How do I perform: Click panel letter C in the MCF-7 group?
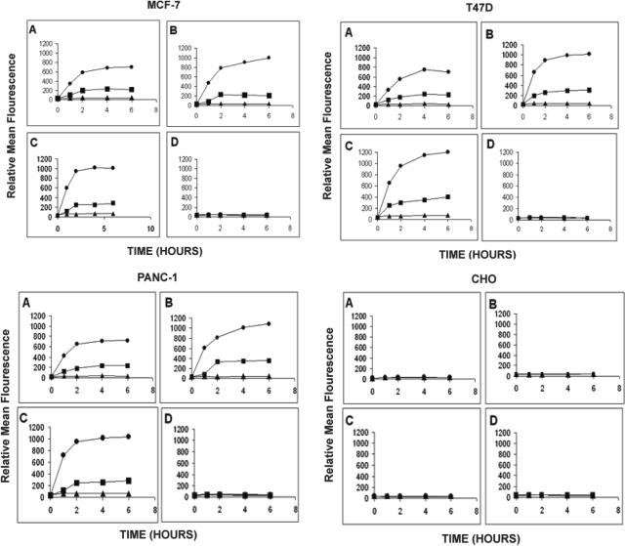point(33,146)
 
